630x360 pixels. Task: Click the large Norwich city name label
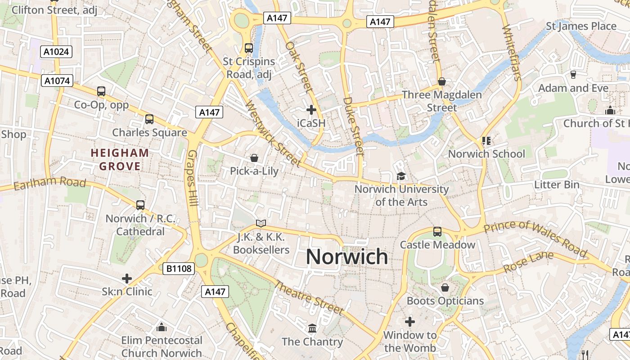pyautogui.click(x=346, y=256)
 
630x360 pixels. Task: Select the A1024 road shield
pyautogui.click(x=57, y=52)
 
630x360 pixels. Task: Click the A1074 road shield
pyautogui.click(x=57, y=81)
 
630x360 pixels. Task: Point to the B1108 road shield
pyautogui.click(x=179, y=269)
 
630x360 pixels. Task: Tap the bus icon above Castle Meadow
pyautogui.click(x=437, y=232)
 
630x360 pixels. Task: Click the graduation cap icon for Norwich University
pyautogui.click(x=401, y=176)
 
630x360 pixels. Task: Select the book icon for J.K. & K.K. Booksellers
pyautogui.click(x=261, y=223)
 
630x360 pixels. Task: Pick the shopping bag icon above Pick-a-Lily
pyautogui.click(x=254, y=158)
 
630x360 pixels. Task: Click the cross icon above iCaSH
pyautogui.click(x=311, y=110)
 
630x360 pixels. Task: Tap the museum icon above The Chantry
pyautogui.click(x=312, y=328)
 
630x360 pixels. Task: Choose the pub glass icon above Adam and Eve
pyautogui.click(x=573, y=75)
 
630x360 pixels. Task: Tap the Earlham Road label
pyautogui.click(x=49, y=184)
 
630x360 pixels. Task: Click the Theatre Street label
pyautogui.click(x=309, y=297)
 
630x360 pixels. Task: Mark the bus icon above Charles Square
pyautogui.click(x=149, y=119)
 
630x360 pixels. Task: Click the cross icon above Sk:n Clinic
pyautogui.click(x=127, y=279)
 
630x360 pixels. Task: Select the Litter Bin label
pyautogui.click(x=557, y=184)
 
